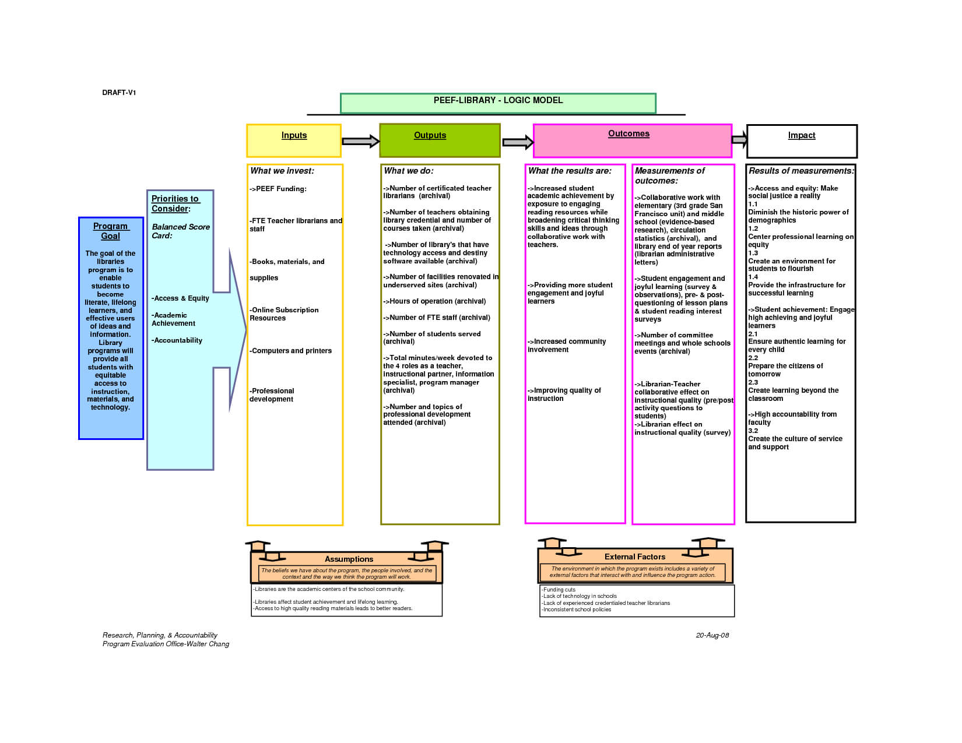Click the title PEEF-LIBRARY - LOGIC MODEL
tap(498, 100)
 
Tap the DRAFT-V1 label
tap(118, 93)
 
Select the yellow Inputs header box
tap(294, 140)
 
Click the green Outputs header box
tap(440, 140)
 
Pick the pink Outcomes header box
tap(633, 140)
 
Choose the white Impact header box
tap(802, 141)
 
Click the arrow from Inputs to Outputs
tap(361, 141)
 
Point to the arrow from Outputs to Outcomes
tap(518, 142)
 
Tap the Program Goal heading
tap(111, 231)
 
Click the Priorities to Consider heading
tap(175, 203)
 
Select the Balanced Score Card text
tap(181, 231)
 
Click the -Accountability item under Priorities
tap(177, 340)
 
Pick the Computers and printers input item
tap(290, 350)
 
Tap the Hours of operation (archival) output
tap(434, 301)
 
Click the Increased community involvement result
tap(567, 345)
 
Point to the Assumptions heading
tap(349, 559)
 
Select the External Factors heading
tap(635, 557)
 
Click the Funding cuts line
tap(559, 589)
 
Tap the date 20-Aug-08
tap(712, 635)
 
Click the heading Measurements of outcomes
tap(669, 175)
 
